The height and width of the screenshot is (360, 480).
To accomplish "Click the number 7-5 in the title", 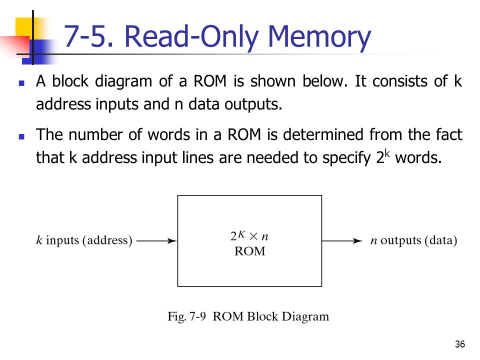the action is pyautogui.click(x=86, y=36).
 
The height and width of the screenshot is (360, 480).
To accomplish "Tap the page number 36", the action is pyautogui.click(x=460, y=344).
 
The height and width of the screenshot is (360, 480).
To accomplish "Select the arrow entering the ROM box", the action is pyautogui.click(x=156, y=241).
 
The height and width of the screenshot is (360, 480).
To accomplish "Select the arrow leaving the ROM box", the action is pyautogui.click(x=342, y=241).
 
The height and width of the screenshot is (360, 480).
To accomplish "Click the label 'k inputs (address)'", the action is pyautogui.click(x=84, y=240).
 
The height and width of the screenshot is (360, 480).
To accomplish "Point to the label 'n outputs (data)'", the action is pyautogui.click(x=413, y=240).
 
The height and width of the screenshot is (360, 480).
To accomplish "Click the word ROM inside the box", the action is pyautogui.click(x=250, y=251).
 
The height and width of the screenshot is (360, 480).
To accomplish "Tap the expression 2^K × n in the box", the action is pyautogui.click(x=249, y=235).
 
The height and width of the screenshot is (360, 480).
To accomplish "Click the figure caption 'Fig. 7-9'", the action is pyautogui.click(x=186, y=316).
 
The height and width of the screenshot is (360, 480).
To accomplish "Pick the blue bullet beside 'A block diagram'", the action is pyautogui.click(x=21, y=83).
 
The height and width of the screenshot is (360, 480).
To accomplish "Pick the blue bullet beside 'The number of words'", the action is pyautogui.click(x=21, y=136).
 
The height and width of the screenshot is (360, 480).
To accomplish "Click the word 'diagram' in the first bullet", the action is pyautogui.click(x=123, y=81).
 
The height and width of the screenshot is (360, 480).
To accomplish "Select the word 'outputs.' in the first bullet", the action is pyautogui.click(x=253, y=104).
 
